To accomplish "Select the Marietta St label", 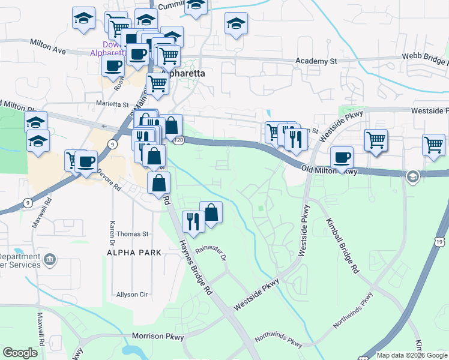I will point(113,103).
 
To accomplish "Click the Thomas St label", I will point(132,234).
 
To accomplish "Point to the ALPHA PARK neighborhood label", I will point(134,253).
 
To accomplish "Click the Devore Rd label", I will point(110,179).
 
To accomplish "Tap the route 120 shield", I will point(179,140).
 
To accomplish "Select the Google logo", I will point(20,353).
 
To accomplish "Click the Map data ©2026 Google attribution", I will point(411,355).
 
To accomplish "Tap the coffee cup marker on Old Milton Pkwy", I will point(342,158).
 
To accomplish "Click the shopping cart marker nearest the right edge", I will point(433,145).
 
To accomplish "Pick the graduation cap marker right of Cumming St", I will point(236,25).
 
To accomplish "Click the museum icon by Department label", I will point(50,260).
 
